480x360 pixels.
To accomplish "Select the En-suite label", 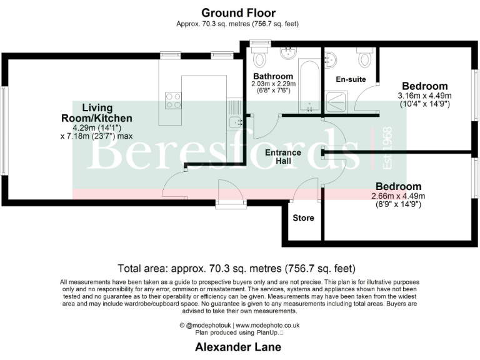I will tap(350, 80).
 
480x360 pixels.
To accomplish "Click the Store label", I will tap(303, 218).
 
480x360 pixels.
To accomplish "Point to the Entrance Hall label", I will tap(283, 157).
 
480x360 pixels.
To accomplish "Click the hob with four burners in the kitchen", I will tap(173, 100).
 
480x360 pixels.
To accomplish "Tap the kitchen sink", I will tap(234, 122).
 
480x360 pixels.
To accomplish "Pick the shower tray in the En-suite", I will tap(337, 101).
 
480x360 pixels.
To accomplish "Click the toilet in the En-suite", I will tap(366, 59).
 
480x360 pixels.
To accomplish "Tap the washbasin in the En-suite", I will tap(332, 60).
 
